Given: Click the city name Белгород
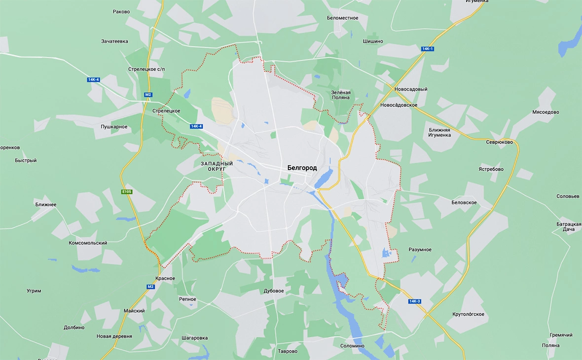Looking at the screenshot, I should tap(302, 168).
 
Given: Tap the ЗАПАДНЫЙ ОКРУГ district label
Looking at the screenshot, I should tap(217, 166).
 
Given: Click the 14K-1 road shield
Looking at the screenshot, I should tap(427, 49).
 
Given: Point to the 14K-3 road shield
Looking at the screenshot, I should tap(414, 301).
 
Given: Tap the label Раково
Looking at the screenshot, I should tap(121, 11).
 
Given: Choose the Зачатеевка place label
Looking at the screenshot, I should tap(114, 41).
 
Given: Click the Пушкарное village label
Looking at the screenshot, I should tap(114, 127).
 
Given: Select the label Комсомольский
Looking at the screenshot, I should tap(88, 243).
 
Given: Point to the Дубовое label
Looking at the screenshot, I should tap(274, 291).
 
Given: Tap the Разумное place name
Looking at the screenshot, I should tap(420, 250).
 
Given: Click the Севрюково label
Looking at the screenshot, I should tap(500, 142).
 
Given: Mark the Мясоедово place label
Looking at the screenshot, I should tap(546, 112).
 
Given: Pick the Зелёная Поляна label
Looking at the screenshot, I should tap(340, 95).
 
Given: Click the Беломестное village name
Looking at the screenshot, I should tap(342, 18).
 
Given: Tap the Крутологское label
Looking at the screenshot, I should tap(468, 314).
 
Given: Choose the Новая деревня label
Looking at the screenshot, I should tap(114, 336).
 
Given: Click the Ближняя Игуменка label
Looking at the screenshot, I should tap(439, 132).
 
